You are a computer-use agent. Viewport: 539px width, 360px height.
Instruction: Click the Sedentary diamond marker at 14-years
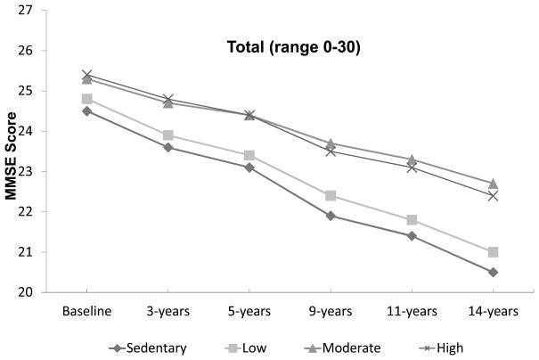pyautogui.click(x=467, y=272)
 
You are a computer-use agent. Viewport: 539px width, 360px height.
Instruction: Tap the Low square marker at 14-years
pyautogui.click(x=467, y=252)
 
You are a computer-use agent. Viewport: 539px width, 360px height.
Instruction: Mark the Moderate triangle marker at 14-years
pyautogui.click(x=467, y=184)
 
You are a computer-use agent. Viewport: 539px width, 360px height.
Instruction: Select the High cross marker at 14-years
pyautogui.click(x=467, y=195)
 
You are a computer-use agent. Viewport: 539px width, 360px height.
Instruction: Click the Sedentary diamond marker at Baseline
pyautogui.click(x=86, y=111)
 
